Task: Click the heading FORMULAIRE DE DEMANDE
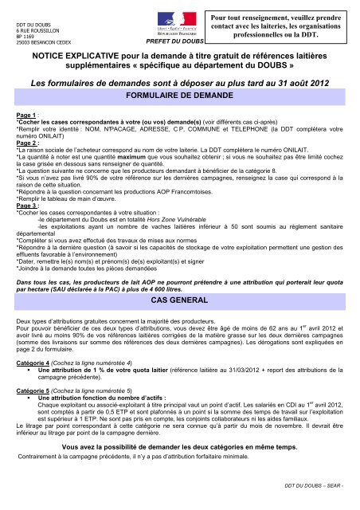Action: [x=180, y=94]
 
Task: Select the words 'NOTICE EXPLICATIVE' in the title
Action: [x=78, y=60]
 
